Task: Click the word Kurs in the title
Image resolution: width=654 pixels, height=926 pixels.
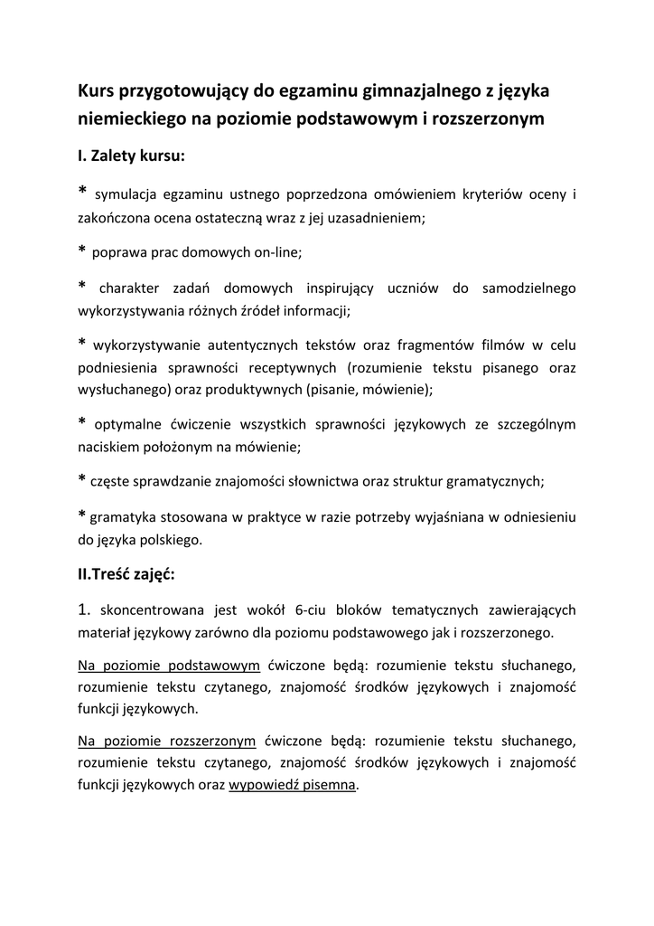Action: (x=98, y=90)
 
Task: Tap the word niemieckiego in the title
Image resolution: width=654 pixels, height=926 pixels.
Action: (x=132, y=118)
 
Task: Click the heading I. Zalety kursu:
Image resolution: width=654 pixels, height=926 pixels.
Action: (x=131, y=156)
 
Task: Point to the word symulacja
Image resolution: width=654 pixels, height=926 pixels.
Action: (x=126, y=194)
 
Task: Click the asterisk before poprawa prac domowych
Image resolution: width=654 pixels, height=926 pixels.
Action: (x=82, y=250)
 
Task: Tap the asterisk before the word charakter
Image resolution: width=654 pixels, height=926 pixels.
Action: (x=82, y=286)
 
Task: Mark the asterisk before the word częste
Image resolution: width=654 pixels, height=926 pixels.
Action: (x=82, y=478)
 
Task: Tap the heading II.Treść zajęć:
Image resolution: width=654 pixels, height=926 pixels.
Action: (x=126, y=573)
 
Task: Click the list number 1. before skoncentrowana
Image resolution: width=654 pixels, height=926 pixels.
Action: (x=86, y=609)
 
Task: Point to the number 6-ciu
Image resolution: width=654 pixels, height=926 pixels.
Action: (x=313, y=610)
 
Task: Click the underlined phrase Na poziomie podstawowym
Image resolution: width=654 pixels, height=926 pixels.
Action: (x=169, y=666)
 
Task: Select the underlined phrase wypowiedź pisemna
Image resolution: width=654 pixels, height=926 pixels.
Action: (x=293, y=785)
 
